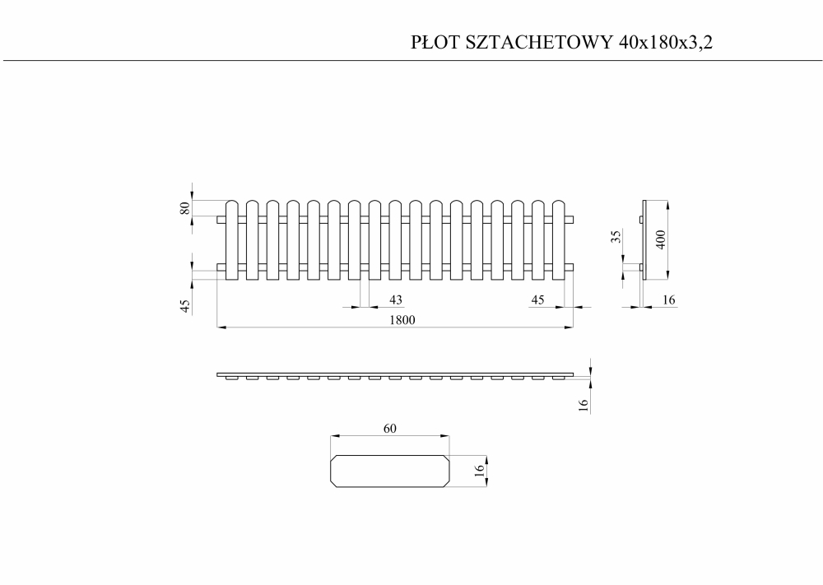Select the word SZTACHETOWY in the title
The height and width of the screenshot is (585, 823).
(539, 42)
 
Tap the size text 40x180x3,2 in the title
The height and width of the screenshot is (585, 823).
(666, 43)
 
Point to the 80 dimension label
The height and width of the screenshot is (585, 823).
(184, 208)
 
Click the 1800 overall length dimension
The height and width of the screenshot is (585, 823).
(402, 319)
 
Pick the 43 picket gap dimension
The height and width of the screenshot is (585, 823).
(396, 299)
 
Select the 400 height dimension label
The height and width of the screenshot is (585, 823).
(661, 239)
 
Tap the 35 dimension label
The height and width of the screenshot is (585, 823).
(616, 237)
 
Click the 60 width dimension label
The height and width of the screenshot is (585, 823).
(389, 429)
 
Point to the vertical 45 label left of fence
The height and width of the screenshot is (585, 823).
(184, 306)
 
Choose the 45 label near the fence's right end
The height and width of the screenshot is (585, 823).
(537, 299)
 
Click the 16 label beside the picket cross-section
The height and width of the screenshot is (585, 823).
(479, 470)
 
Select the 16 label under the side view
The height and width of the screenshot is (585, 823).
(668, 299)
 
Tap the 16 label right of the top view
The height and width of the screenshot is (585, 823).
(584, 405)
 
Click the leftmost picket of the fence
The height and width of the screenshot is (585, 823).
(232, 239)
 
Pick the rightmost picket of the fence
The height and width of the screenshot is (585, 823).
(559, 239)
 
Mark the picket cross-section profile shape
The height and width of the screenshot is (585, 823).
(390, 471)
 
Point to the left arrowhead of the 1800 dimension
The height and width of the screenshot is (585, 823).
(221, 327)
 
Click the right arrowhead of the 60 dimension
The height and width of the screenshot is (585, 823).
(445, 435)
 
